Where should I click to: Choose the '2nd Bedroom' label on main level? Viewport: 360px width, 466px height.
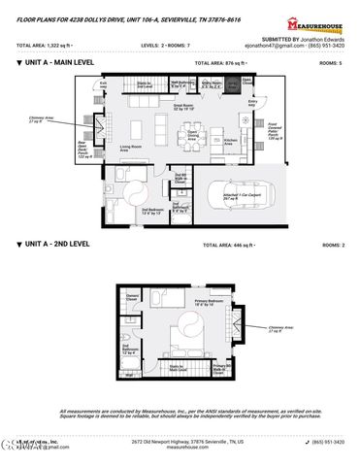(152, 211)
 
